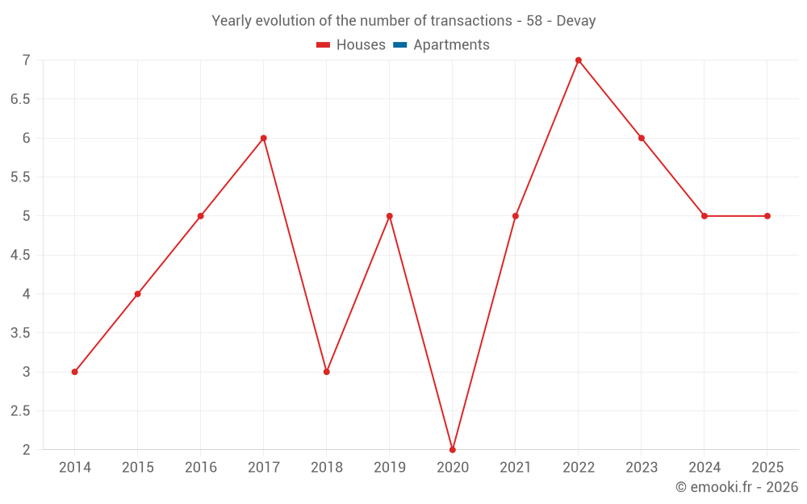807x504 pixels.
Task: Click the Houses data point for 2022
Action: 579,60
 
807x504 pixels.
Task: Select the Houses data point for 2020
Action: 453,449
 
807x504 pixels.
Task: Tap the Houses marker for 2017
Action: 264,138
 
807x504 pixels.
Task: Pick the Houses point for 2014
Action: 74,372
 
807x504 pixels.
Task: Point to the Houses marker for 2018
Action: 327,372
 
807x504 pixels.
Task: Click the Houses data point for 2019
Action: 390,216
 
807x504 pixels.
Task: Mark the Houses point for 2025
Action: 767,216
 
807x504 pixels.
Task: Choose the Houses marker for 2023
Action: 642,138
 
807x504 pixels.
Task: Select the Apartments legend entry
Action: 451,45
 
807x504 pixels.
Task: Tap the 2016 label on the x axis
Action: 201,467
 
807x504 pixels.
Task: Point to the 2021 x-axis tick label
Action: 516,467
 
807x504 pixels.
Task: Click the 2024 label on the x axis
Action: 705,467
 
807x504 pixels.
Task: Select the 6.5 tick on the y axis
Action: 20,99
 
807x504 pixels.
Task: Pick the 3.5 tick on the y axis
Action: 20,333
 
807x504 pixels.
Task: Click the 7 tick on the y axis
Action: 26,60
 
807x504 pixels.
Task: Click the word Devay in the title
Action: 576,21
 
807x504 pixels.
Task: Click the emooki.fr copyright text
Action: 737,487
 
